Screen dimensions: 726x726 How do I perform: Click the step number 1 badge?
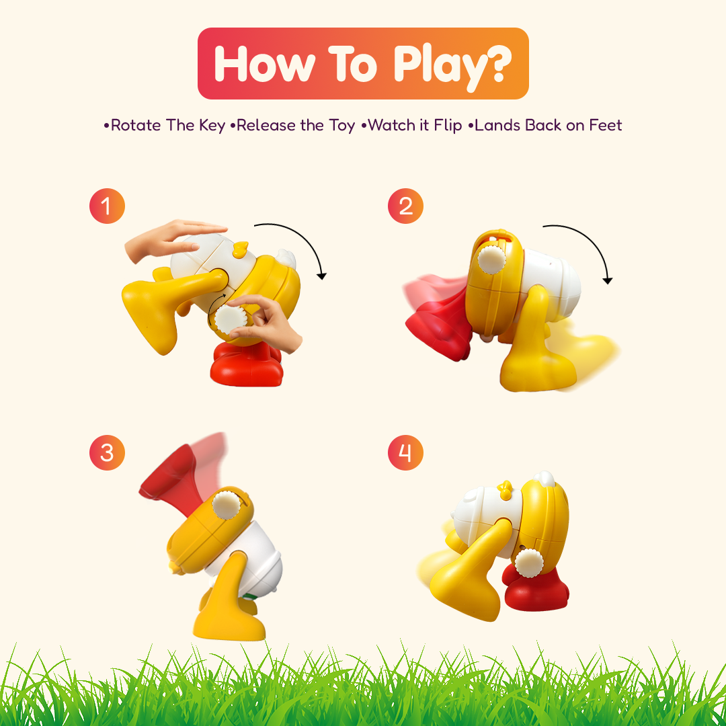[107, 206]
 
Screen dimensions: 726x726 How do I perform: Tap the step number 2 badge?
[405, 206]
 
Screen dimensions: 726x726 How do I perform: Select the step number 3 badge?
[107, 453]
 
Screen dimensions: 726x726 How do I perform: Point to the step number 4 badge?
[405, 453]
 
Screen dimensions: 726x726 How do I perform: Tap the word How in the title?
[264, 64]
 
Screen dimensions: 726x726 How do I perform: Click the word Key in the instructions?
[212, 126]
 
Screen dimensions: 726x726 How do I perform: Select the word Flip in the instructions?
[448, 126]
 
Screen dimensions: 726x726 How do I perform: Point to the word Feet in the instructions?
[605, 125]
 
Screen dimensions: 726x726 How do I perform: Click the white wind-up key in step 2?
[491, 259]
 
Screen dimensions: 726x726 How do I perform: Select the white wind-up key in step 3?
[227, 505]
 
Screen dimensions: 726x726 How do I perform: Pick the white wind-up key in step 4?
[529, 563]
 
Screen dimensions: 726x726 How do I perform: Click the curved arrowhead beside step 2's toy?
[608, 280]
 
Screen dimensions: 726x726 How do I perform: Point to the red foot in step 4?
[536, 587]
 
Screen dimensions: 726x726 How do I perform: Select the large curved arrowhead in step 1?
[321, 276]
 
